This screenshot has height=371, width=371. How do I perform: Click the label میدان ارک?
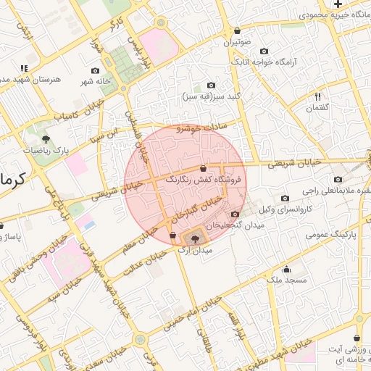click(x=194, y=250)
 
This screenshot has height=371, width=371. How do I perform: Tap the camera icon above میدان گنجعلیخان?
click(x=234, y=214)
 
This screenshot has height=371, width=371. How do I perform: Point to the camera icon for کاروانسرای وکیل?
click(x=285, y=199)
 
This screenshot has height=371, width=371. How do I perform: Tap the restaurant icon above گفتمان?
click(x=317, y=96)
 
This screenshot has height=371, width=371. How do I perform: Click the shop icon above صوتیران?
click(x=238, y=31)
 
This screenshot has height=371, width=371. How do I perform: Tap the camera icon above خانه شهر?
click(x=96, y=71)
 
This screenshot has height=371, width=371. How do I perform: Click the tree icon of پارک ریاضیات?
click(x=46, y=138)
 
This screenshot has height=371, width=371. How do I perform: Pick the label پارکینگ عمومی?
click(x=329, y=235)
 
